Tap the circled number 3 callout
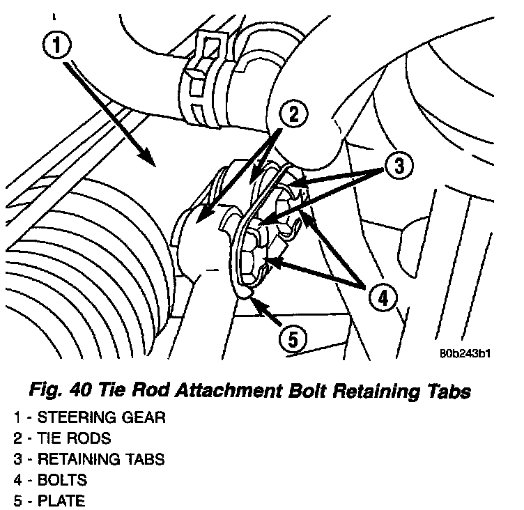click(x=397, y=166)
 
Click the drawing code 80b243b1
click(x=465, y=353)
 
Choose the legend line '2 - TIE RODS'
click(x=61, y=439)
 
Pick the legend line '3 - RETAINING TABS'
click(x=88, y=459)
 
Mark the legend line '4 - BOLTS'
click(x=51, y=480)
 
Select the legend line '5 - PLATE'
click(x=51, y=500)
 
